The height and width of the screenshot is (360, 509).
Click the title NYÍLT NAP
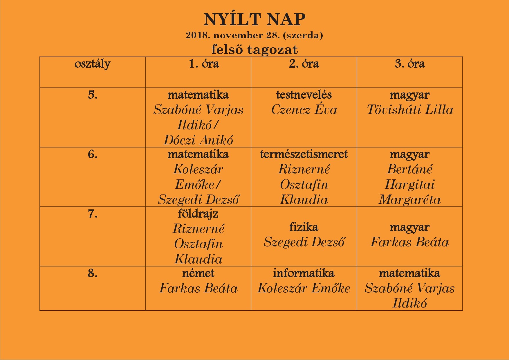255,20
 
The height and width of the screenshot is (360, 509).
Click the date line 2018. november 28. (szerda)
255,35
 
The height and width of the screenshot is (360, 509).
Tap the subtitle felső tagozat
255,49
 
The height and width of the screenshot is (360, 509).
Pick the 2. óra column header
304,64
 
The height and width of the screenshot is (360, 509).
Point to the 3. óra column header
410,64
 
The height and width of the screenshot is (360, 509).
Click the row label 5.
93,95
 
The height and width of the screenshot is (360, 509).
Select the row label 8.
93,273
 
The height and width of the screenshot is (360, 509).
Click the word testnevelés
304,95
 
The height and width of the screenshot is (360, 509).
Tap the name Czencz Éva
304,110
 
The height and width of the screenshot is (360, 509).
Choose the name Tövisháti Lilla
410,110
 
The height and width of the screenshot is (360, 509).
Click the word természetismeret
304,154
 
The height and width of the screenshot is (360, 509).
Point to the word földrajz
198,214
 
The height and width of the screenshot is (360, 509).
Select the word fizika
304,227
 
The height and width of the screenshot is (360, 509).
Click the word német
198,273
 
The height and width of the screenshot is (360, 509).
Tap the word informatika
304,273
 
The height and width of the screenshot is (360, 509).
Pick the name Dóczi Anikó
198,140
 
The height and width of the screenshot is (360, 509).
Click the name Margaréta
410,200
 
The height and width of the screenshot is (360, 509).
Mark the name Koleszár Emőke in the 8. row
304,288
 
